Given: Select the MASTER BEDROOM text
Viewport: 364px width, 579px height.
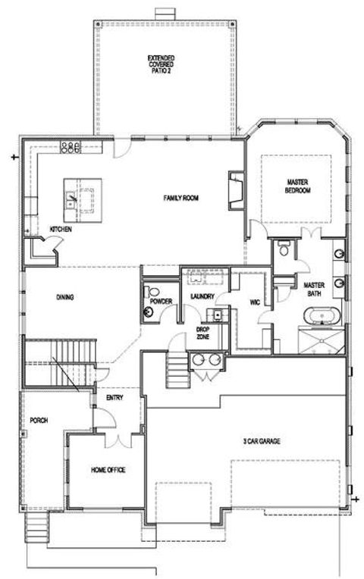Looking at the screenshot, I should click(299, 186).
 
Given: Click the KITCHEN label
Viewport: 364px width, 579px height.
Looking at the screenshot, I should click(61, 229).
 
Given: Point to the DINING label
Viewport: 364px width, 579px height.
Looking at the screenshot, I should click(64, 297).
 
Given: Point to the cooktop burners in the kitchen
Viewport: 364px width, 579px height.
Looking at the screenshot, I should click(71, 147).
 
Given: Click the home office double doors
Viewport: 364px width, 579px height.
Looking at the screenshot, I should click(115, 439).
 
